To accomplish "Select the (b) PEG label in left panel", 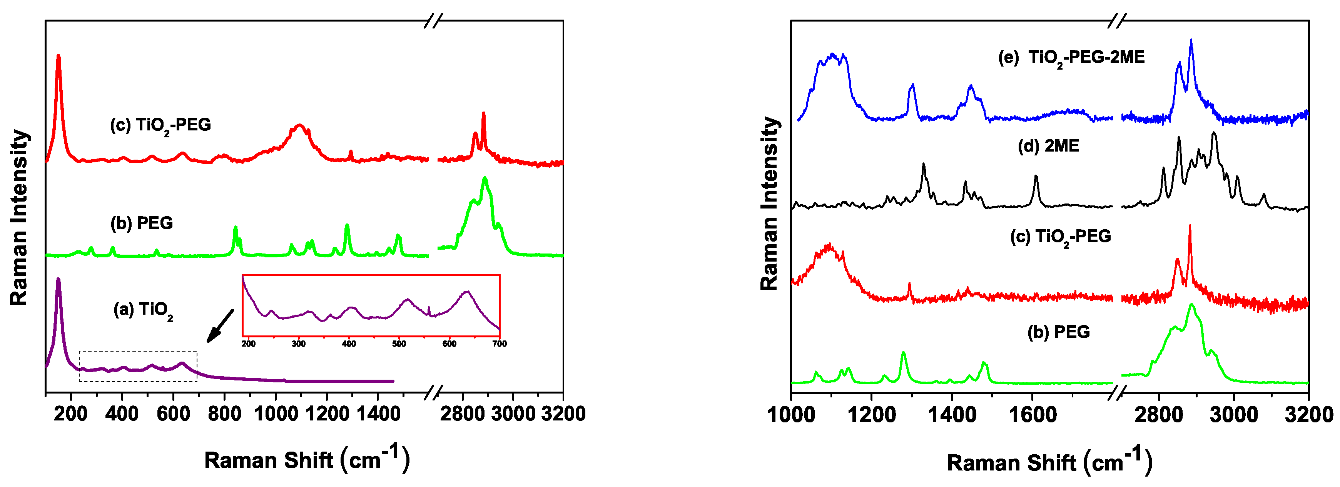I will click(x=142, y=223).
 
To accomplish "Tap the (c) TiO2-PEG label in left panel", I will click(x=160, y=125).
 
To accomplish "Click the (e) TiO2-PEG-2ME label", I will click(x=1071, y=57).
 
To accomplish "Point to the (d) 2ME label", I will click(x=1048, y=146).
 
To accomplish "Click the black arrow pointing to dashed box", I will click(x=220, y=326).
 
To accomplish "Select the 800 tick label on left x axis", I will click(x=224, y=414).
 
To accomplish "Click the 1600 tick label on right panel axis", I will click(x=1032, y=415).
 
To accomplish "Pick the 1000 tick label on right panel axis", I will click(x=791, y=415).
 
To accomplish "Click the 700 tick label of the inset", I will click(x=500, y=344).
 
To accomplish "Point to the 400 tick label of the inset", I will click(x=349, y=344).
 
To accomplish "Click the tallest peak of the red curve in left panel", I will click(x=58, y=56).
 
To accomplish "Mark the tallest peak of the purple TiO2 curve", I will click(x=58, y=279).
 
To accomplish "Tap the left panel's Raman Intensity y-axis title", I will click(x=19, y=217).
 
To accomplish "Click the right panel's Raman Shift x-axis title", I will click(x=1049, y=462).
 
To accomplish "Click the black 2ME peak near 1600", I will click(x=1036, y=177).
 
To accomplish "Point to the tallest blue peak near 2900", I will click(x=1191, y=40).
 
